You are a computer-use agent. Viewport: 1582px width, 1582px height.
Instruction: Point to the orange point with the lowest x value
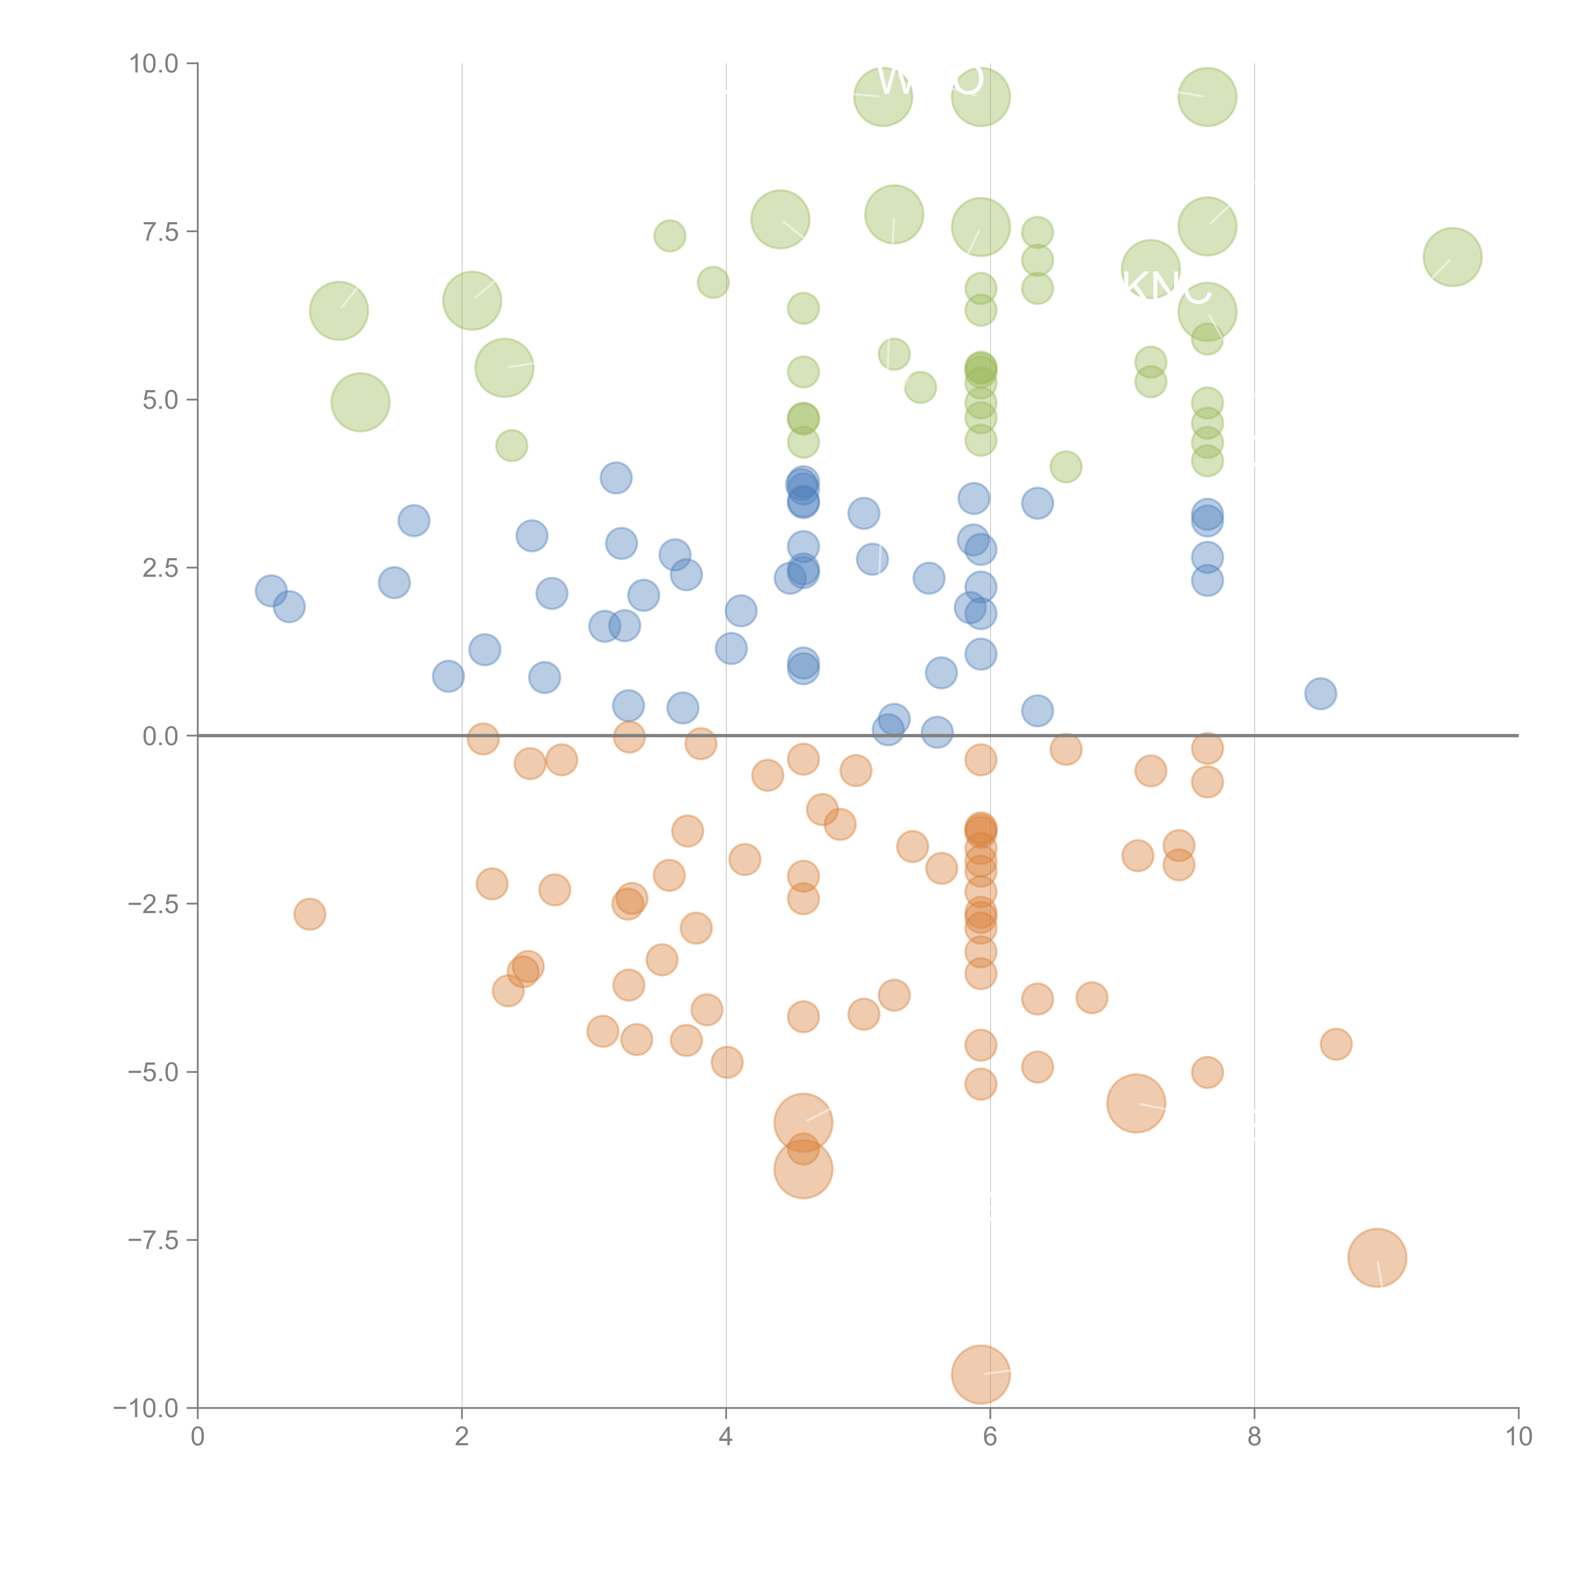[x=309, y=914]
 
